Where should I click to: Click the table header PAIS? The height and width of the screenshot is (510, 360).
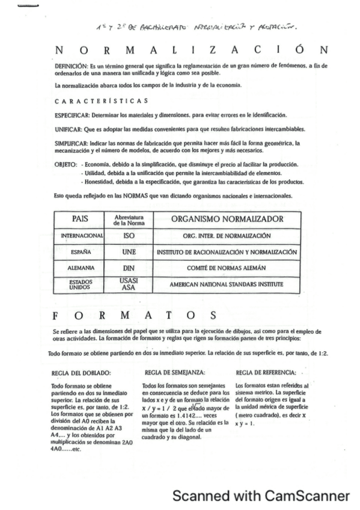[x=80, y=220]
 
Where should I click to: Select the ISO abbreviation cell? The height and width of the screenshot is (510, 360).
[x=127, y=236]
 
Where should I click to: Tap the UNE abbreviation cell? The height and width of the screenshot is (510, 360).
[x=127, y=252]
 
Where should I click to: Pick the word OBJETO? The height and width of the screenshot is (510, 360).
[x=65, y=164]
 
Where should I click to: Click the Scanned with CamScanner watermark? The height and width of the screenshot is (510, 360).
[x=260, y=496]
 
